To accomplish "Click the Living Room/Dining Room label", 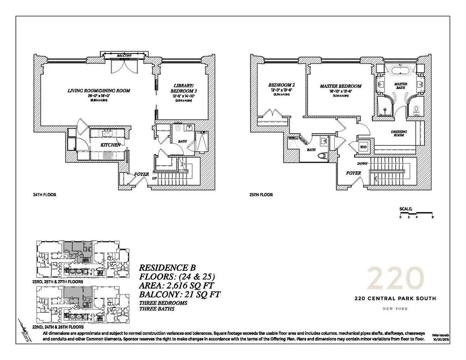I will point(99,90).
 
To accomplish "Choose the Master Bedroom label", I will point(341,86).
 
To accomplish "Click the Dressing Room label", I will point(399,134).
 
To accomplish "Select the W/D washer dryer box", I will point(363,147).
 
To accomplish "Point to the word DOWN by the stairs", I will point(362,163).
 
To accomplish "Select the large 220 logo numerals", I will point(394,277).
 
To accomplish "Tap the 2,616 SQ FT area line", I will point(177,285).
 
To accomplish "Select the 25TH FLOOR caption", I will point(260,195).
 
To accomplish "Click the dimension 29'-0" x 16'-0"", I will point(99,96).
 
